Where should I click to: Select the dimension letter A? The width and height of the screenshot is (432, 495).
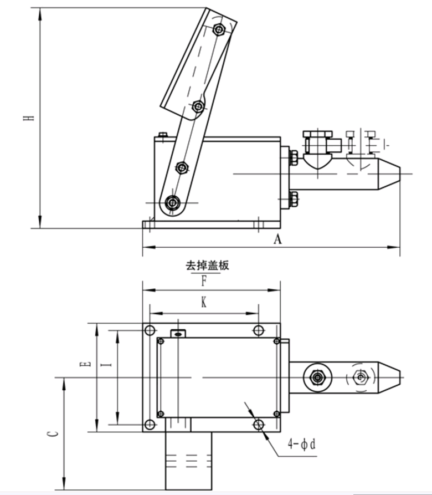pos(278,239)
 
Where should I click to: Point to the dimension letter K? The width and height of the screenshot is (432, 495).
pos(204,303)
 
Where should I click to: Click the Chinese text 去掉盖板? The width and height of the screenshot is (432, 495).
pos(207,266)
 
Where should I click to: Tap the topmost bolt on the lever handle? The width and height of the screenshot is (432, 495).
pos(219,29)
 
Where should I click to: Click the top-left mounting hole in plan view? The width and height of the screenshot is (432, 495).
pos(150,331)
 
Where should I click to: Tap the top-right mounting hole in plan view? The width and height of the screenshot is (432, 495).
pos(259,331)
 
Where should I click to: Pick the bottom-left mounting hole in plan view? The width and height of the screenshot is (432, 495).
pos(150,425)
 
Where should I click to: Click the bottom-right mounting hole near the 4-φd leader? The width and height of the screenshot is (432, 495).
pos(259,425)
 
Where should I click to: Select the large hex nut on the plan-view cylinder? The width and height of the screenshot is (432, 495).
pos(317,378)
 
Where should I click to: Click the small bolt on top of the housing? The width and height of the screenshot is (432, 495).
pos(162,134)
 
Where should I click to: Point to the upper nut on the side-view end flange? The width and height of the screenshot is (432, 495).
pos(294,157)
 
